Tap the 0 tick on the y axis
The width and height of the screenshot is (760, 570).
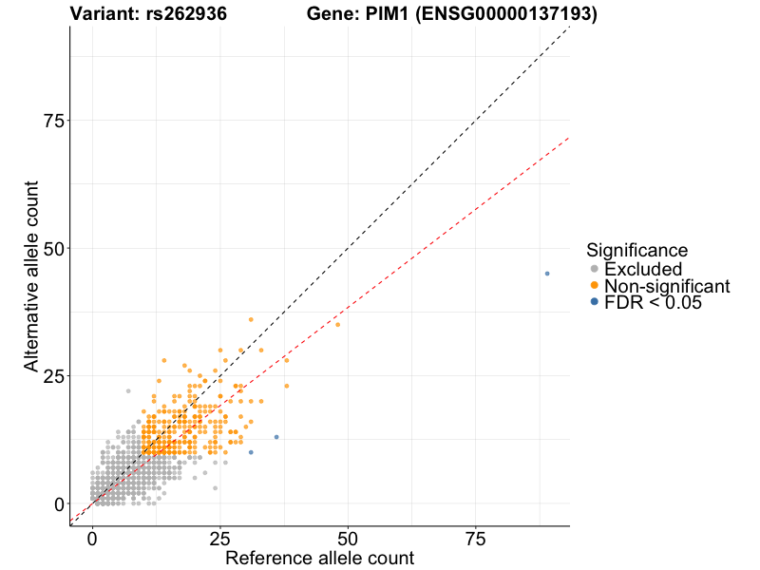pos(58,503)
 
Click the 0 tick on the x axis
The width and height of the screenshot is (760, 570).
pos(92,540)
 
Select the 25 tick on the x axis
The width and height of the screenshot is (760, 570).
pos(220,540)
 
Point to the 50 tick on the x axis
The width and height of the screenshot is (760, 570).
pos(348,540)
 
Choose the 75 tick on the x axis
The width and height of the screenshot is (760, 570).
pos(476,540)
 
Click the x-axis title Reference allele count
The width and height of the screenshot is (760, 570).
pos(319,558)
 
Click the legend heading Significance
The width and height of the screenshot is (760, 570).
pos(636,251)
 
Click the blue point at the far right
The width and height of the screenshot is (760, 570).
pos(547,274)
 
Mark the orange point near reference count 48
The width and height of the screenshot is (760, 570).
pos(337,325)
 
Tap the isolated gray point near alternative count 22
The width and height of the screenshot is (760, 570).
pos(128,390)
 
